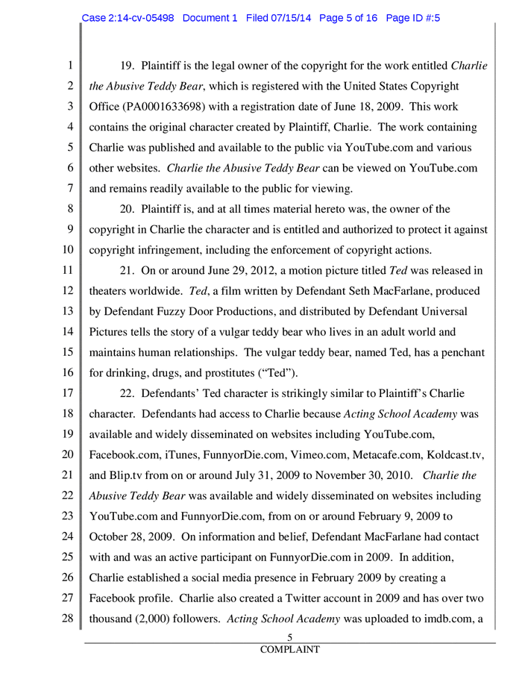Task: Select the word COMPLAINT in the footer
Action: [290, 649]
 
